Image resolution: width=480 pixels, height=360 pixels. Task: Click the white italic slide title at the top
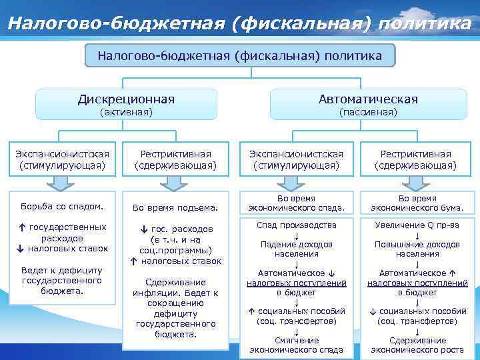pyautogui.click(x=240, y=23)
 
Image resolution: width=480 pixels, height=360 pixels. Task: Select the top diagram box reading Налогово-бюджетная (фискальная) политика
pyautogui.click(x=240, y=56)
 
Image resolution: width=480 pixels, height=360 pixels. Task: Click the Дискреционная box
pyautogui.click(x=126, y=99)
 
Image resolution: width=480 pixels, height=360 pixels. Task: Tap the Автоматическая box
pyautogui.click(x=368, y=99)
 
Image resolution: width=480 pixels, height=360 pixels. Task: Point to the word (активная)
pyautogui.click(x=126, y=113)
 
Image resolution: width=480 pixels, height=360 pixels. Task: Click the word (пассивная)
pyautogui.click(x=368, y=113)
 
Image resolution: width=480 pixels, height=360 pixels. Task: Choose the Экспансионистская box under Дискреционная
pyautogui.click(x=62, y=159)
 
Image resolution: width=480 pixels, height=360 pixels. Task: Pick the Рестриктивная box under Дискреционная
pyautogui.click(x=176, y=159)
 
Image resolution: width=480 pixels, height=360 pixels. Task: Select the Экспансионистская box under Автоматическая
pyautogui.click(x=296, y=159)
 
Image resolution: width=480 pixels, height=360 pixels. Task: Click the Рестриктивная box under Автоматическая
pyautogui.click(x=415, y=159)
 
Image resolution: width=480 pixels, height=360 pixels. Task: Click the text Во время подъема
pyautogui.click(x=176, y=208)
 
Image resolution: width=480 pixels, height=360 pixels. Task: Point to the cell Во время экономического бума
pyautogui.click(x=417, y=203)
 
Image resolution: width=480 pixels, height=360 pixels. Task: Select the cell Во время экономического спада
pyautogui.click(x=296, y=203)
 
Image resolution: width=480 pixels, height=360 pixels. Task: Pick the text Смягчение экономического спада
pyautogui.click(x=297, y=345)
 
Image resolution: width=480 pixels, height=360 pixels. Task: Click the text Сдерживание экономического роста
pyautogui.click(x=417, y=345)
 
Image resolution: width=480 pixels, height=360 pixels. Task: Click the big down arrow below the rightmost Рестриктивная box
pyautogui.click(x=416, y=183)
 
